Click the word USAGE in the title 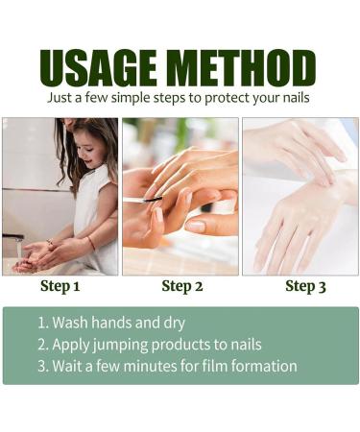(x=98, y=67)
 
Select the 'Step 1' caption (x=60, y=286)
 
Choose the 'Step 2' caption (x=182, y=286)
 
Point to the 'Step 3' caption (x=305, y=286)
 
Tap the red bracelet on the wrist (x=91, y=244)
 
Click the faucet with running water (x=13, y=237)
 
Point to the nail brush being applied (x=143, y=200)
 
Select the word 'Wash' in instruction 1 (x=70, y=323)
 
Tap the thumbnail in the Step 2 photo (x=195, y=227)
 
